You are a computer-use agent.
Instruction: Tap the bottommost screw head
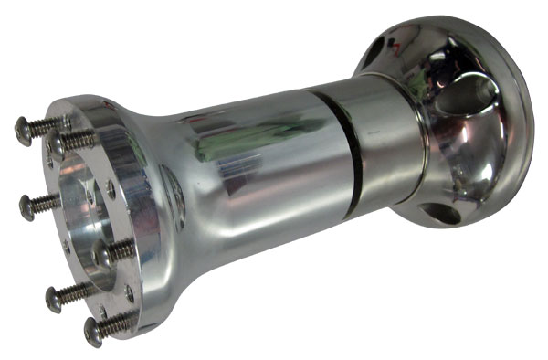coord(93,331)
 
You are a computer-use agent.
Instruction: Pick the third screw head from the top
coord(26,206)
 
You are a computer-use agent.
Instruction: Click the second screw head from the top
coord(57,143)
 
